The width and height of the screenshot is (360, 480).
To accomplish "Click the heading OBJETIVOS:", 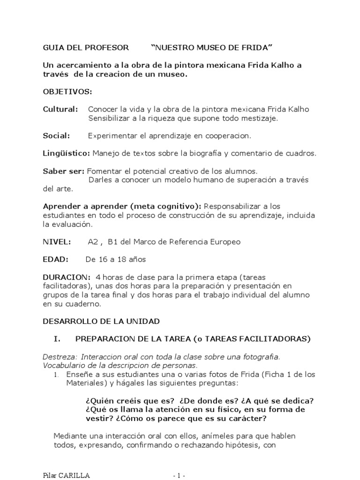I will (x=67, y=91).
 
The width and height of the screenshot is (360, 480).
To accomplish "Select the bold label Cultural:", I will (x=60, y=109).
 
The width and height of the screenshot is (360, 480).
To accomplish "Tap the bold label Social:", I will (x=57, y=135).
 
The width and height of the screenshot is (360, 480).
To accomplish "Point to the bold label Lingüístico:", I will (x=67, y=153).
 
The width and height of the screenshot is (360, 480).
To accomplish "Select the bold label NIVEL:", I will (x=57, y=242).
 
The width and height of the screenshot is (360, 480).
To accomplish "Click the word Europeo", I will (x=221, y=242).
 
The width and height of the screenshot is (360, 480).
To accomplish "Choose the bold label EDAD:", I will (x=56, y=259).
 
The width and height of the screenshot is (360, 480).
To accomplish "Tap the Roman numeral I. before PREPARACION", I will (x=58, y=338).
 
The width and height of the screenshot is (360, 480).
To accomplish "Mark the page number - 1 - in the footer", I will (x=180, y=476).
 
